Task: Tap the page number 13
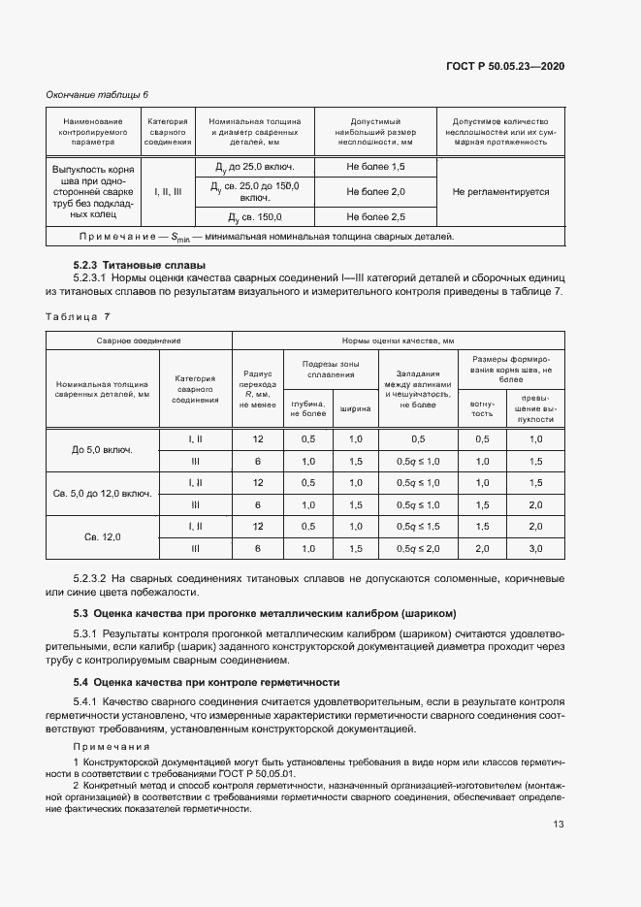559,825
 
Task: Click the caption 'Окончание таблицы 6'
98,94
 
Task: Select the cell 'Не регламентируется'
500,191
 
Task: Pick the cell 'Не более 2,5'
375,215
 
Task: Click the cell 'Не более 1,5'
375,167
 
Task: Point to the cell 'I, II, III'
168,191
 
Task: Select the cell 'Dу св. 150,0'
255,215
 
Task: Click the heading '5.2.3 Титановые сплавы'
139,265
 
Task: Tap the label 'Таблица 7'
79,315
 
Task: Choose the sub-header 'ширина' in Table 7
355,408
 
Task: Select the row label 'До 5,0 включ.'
102,450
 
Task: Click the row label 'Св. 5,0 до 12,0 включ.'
102,493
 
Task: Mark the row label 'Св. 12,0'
102,536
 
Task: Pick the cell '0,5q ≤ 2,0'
417,548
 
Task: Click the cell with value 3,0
535,548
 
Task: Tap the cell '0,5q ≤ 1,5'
417,526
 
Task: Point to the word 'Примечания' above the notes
110,746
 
